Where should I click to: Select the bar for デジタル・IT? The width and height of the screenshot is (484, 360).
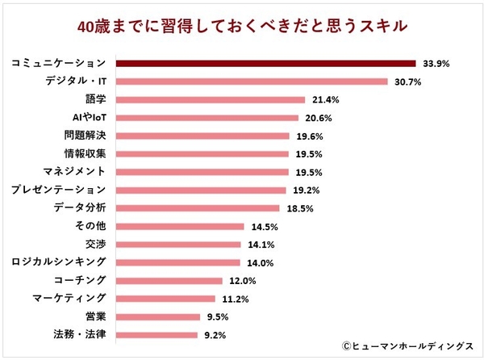[x=252, y=82]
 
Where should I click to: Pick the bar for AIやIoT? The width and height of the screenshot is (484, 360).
[x=209, y=117]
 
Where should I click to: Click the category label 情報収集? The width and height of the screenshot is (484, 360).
[x=85, y=153]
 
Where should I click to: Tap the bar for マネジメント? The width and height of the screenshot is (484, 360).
[x=202, y=171]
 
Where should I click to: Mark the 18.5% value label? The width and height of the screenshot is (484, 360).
[x=301, y=207]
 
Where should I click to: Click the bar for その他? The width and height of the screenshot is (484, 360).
[x=180, y=226]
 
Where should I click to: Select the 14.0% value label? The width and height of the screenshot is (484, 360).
[x=257, y=262]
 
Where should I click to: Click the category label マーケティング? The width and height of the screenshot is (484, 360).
[x=69, y=298]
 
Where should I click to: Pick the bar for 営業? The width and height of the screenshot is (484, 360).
[x=159, y=316]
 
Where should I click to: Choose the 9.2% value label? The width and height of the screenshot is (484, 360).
[x=213, y=334]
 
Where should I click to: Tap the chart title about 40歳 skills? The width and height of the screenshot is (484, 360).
[x=242, y=25]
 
